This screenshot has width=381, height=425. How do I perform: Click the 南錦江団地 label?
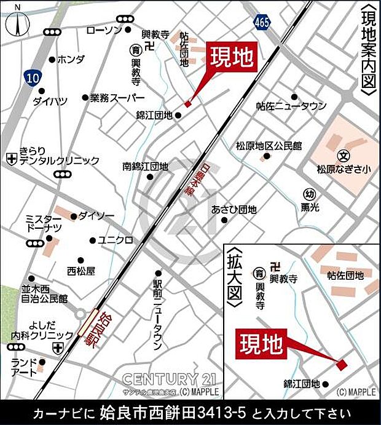tap(144, 166)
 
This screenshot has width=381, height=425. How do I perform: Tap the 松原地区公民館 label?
tap(269, 146)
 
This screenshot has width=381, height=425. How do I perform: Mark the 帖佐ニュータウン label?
tap(291, 106)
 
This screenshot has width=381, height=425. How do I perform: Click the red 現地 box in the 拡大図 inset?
tap(261, 343)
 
